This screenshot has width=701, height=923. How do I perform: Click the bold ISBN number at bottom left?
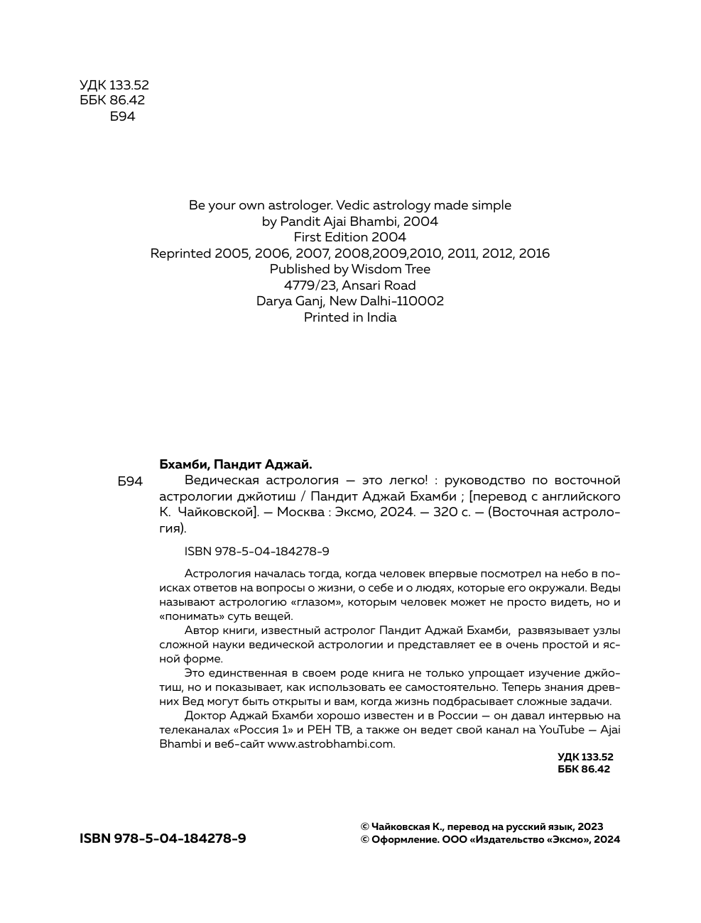coord(163,839)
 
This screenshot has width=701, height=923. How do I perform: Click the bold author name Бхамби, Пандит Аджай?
coord(236,464)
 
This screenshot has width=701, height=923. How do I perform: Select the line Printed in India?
coord(350,317)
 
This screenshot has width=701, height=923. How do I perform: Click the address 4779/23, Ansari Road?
coord(350,285)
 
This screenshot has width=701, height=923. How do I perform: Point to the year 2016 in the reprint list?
coord(533,253)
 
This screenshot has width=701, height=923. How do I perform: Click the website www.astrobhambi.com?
coord(330,744)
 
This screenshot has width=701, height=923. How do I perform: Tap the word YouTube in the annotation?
coord(561,730)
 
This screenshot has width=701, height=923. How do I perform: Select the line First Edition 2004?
coord(350,237)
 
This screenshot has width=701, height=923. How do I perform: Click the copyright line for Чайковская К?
coord(482,826)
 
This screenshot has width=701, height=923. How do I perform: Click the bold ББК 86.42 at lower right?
coord(584,769)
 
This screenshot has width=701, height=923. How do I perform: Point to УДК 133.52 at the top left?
coord(114,85)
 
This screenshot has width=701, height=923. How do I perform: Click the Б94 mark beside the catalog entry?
coord(130,481)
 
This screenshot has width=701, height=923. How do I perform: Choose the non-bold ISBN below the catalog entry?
coord(256,552)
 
